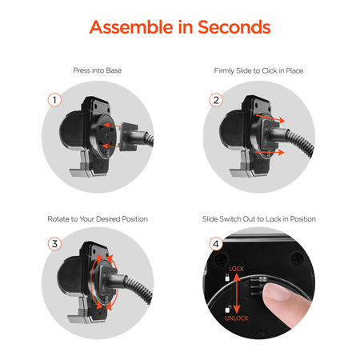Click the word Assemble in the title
[131, 27]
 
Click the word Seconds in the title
[234, 27]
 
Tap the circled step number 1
[54, 100]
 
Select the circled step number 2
[216, 100]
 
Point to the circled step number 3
[54, 244]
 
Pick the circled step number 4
[216, 244]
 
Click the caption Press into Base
[98, 70]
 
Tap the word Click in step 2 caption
[269, 70]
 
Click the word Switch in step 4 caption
[230, 219]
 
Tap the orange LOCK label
[237, 269]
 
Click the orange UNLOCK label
[237, 318]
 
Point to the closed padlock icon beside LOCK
[227, 278]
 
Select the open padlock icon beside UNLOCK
[228, 309]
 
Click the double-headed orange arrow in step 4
[237, 294]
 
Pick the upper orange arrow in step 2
[270, 118]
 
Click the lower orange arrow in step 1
[111, 146]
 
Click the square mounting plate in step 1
[129, 136]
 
